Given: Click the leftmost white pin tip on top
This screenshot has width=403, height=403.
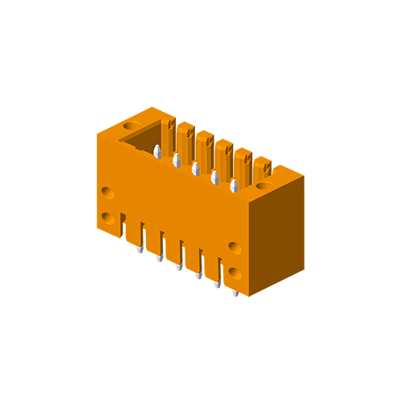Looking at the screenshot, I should pyautogui.click(x=157, y=152).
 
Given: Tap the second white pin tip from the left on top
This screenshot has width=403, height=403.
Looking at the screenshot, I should pyautogui.click(x=177, y=160).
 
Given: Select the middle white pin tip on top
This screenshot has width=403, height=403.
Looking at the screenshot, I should pyautogui.click(x=196, y=168).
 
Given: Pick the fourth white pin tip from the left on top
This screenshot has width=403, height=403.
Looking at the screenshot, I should pyautogui.click(x=214, y=177).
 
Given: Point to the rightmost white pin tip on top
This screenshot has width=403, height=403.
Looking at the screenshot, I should pyautogui.click(x=234, y=185).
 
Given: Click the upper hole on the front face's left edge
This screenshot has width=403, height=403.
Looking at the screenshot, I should pyautogui.click(x=108, y=193).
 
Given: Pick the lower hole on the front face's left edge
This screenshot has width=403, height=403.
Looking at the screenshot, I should pyautogui.click(x=108, y=218).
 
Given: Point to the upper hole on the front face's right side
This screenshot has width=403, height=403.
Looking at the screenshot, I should pyautogui.click(x=235, y=247).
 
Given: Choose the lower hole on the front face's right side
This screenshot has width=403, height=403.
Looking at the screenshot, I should pyautogui.click(x=235, y=272).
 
